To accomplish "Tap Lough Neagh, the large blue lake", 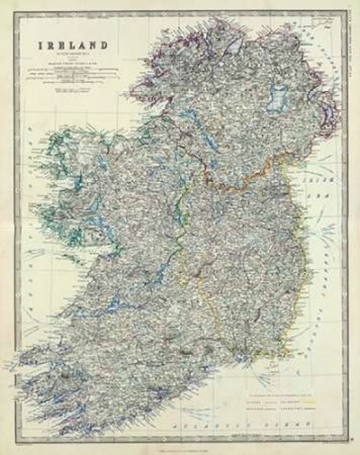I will (276, 97).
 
